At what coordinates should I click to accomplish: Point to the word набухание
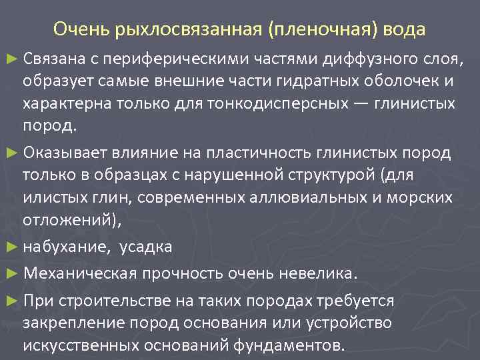pos(65,247)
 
